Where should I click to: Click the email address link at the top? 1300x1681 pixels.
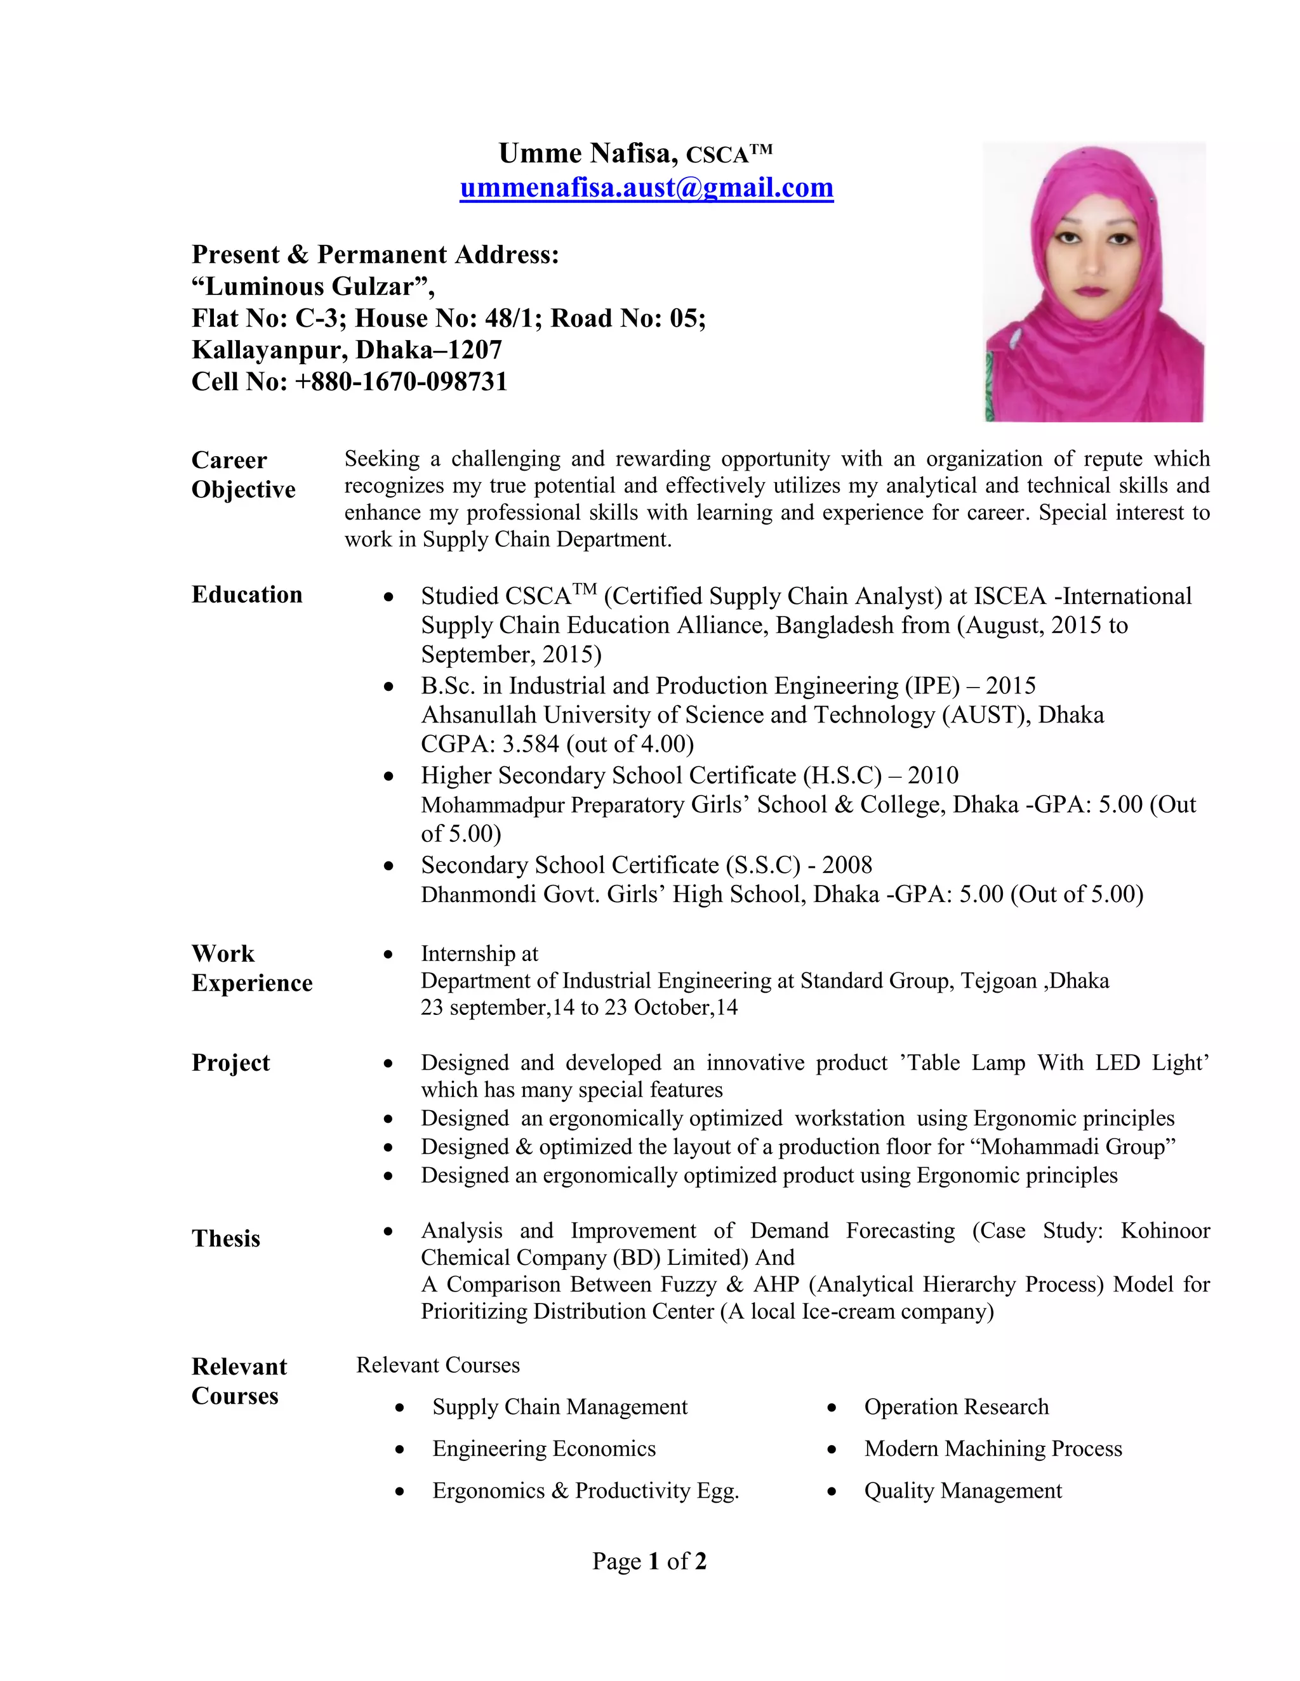(x=646, y=188)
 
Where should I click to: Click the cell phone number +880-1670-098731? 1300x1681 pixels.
(x=401, y=382)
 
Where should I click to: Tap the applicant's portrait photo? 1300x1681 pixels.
(x=1094, y=282)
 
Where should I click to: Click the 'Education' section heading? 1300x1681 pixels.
(x=246, y=595)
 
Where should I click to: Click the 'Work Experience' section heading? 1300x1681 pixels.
(x=251, y=968)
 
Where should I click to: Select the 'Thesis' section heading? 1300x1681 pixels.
(x=225, y=1238)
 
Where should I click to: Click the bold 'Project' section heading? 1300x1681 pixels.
(x=230, y=1063)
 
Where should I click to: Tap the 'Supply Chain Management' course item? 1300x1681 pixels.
(x=559, y=1407)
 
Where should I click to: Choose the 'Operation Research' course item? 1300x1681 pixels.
(x=956, y=1407)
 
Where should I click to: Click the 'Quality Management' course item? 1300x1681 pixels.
(x=963, y=1491)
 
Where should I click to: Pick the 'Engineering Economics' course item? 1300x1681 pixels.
(x=544, y=1449)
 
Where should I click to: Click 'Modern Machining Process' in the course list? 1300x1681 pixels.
(x=993, y=1449)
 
